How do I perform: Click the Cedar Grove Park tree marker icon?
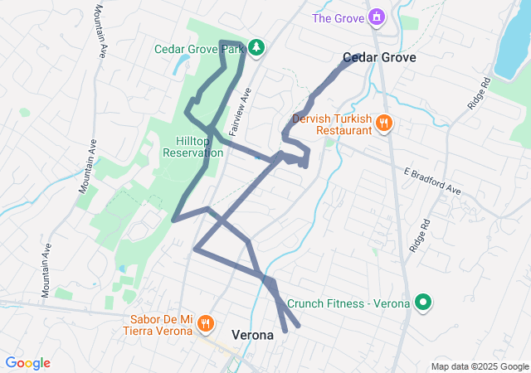(x=256, y=48)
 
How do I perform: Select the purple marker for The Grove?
(x=377, y=17)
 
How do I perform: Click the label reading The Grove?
(x=338, y=17)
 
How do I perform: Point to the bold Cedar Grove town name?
(x=379, y=58)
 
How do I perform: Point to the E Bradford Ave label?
(x=431, y=181)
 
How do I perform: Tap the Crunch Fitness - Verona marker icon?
(x=423, y=303)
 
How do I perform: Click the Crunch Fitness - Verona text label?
(x=348, y=304)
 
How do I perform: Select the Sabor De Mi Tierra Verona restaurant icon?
(x=205, y=324)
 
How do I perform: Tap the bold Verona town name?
(x=252, y=336)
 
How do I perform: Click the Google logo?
(x=27, y=363)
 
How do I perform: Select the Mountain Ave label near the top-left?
(x=100, y=32)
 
